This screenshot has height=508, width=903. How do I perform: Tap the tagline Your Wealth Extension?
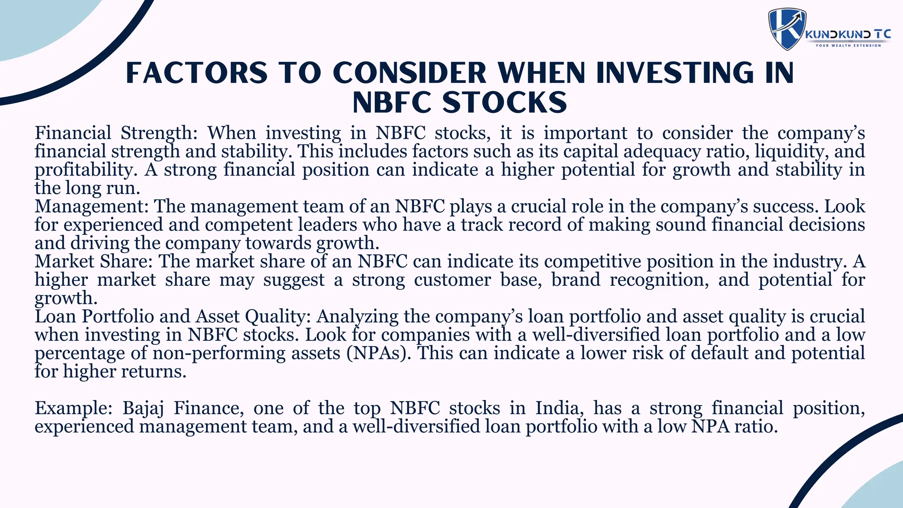click(x=848, y=45)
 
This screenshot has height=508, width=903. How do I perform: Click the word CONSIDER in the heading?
click(x=409, y=73)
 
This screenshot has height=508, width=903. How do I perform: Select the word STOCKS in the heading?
click(x=504, y=103)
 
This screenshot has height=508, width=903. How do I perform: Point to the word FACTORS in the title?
click(x=197, y=73)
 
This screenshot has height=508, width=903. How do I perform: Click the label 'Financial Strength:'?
click(x=117, y=133)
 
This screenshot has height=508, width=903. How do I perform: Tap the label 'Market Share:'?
click(x=93, y=261)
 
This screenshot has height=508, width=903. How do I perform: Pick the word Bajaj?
click(x=143, y=408)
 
